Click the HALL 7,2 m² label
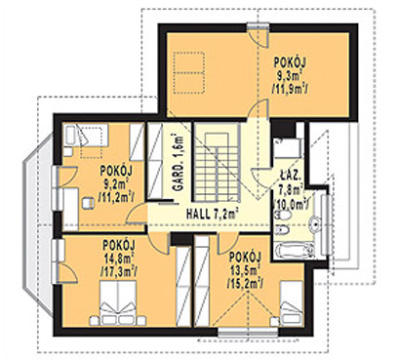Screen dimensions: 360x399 [x=207, y=211]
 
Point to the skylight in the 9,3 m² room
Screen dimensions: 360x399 [x=192, y=70]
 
